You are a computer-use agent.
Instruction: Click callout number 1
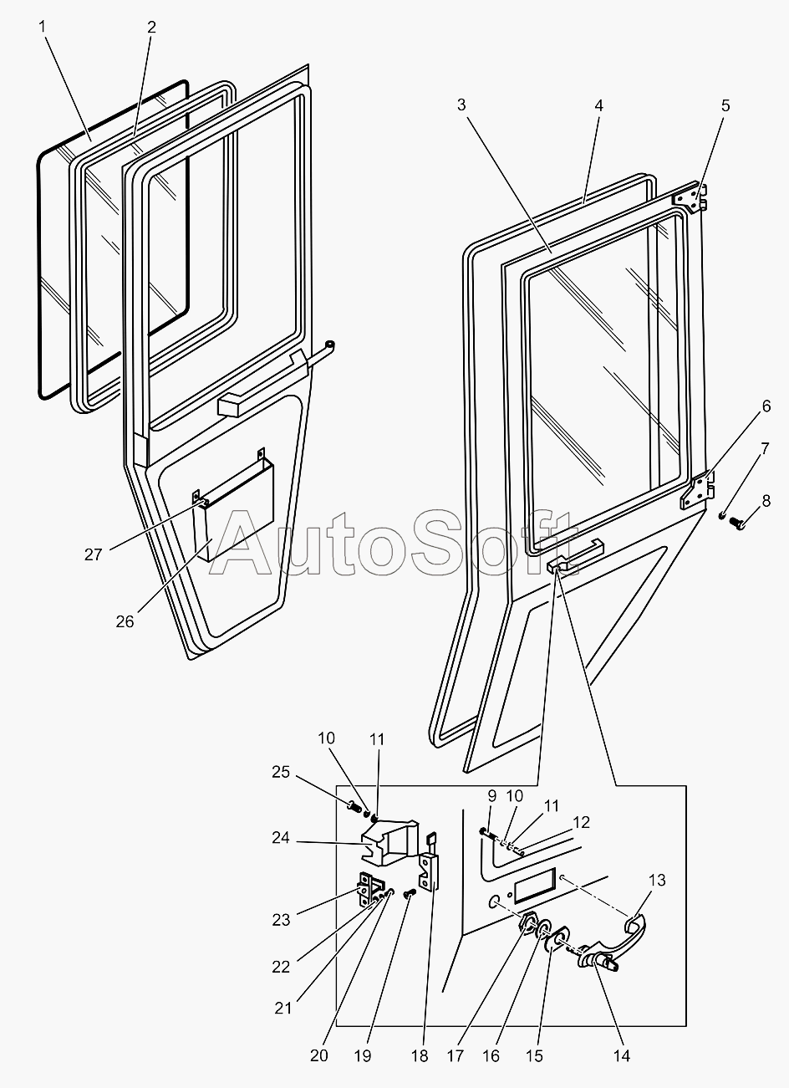point(42,26)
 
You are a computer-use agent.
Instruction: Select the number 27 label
point(93,554)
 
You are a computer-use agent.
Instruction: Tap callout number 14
point(621,1055)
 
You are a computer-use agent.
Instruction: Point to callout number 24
point(280,837)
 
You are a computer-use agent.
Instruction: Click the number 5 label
point(725,105)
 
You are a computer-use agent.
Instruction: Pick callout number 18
point(420,1055)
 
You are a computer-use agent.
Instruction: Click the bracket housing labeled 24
point(389,839)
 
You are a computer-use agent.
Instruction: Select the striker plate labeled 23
point(368,889)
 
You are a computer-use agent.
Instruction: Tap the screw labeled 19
point(410,894)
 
